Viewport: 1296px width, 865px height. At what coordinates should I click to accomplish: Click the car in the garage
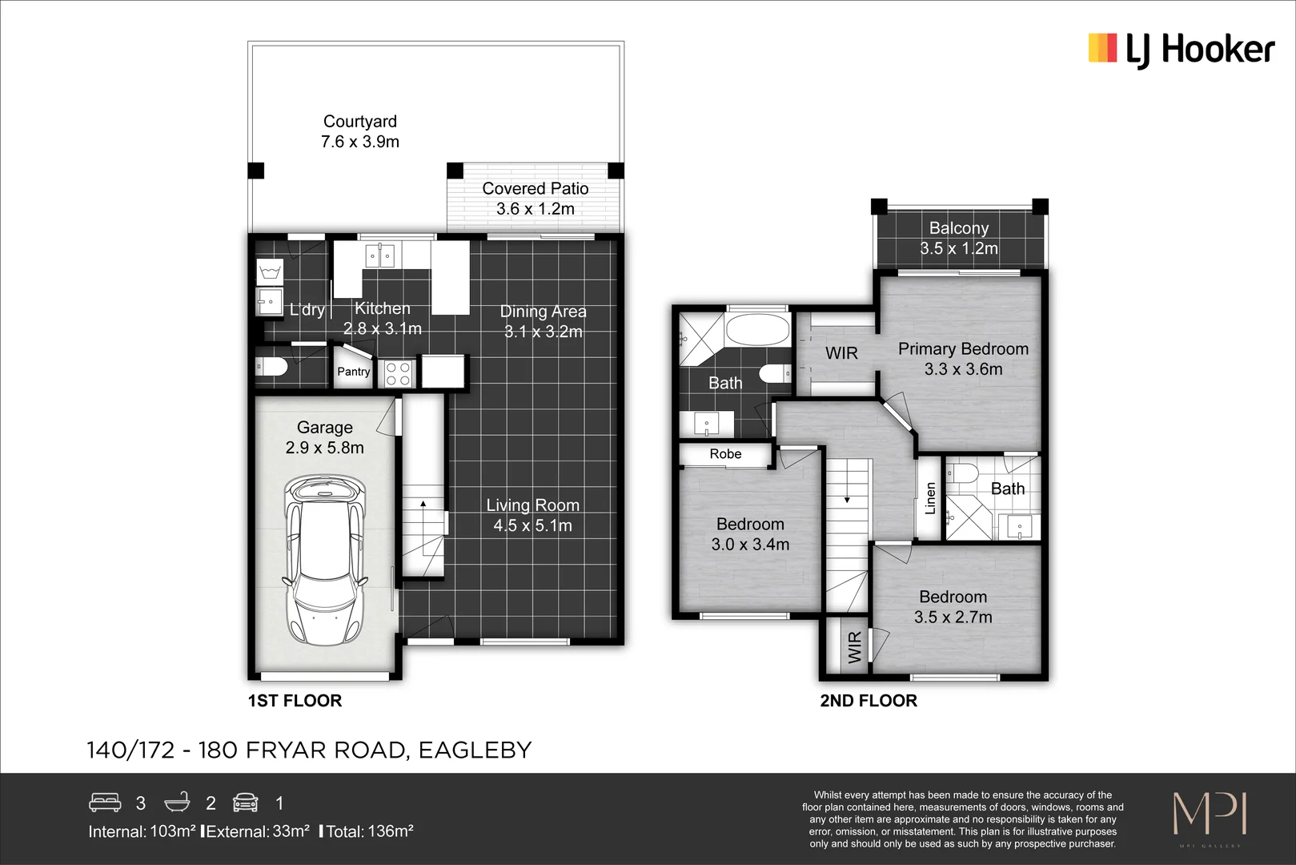(x=326, y=561)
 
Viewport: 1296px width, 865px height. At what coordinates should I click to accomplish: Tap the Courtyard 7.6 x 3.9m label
(x=359, y=131)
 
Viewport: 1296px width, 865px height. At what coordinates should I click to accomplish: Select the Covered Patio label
(x=535, y=189)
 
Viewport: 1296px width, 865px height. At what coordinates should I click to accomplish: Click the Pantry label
(x=353, y=372)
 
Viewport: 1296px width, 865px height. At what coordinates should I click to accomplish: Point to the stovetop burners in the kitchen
(x=398, y=374)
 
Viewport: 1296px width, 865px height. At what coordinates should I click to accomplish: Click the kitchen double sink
(x=379, y=256)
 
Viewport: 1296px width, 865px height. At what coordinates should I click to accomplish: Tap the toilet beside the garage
(x=271, y=368)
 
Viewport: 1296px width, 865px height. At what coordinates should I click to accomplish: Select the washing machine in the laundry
(x=270, y=272)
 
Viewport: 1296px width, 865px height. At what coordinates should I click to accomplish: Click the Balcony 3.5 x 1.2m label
(x=958, y=238)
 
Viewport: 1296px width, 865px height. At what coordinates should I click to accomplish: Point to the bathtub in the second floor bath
(x=756, y=329)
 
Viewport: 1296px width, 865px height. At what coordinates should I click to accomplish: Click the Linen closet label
(x=930, y=497)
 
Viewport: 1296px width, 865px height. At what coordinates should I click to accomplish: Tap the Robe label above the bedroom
(x=725, y=454)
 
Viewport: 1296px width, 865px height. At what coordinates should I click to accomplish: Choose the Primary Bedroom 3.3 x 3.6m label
(x=963, y=359)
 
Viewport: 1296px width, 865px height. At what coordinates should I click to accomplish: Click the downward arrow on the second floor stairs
(x=847, y=500)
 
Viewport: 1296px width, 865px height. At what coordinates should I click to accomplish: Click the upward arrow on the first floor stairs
(x=423, y=504)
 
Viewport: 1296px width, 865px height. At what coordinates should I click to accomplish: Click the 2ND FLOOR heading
(x=869, y=701)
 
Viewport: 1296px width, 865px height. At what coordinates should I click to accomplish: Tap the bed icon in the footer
(x=105, y=802)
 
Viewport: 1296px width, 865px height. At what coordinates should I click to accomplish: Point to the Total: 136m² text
(x=369, y=831)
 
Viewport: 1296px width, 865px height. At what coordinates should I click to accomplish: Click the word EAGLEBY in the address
(x=475, y=750)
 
